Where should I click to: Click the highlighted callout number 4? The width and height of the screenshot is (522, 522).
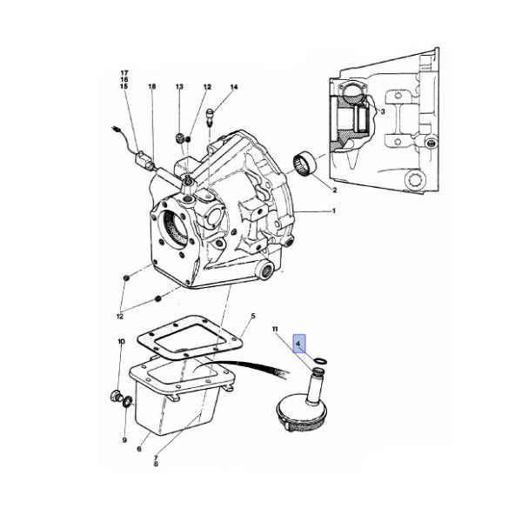(x=298, y=343)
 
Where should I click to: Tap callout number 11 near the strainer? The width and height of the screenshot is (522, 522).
(x=275, y=330)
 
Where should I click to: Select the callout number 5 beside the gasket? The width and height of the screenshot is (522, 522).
(x=253, y=316)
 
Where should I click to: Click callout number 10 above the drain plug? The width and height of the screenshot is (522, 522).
(x=122, y=342)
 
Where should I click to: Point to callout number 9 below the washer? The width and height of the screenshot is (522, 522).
(x=124, y=439)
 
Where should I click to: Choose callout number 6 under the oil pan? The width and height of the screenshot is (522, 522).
(x=139, y=449)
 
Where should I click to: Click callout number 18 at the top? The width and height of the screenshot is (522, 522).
(x=152, y=86)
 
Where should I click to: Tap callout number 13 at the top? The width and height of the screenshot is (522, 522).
(x=179, y=87)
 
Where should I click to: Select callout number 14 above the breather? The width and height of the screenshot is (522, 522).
(x=234, y=87)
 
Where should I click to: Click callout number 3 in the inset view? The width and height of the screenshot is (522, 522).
(x=383, y=111)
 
